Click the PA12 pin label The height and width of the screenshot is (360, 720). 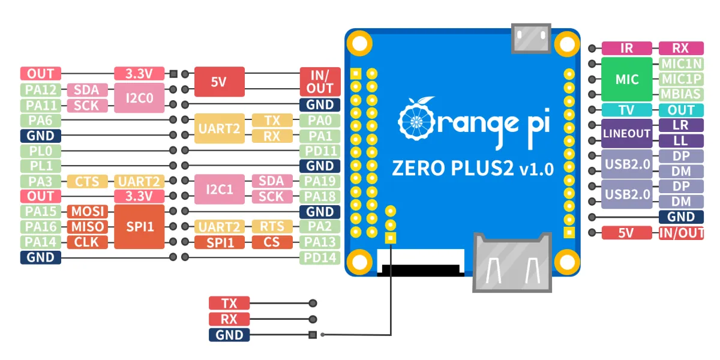click(x=40, y=90)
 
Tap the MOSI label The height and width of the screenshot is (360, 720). click(x=88, y=211)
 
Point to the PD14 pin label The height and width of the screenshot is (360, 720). click(x=320, y=257)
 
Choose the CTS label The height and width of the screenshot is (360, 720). click(x=88, y=181)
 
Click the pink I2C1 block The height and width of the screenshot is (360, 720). click(x=219, y=189)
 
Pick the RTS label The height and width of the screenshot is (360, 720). click(x=272, y=226)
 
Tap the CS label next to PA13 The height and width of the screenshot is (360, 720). click(x=272, y=242)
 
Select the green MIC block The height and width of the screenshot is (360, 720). click(x=626, y=79)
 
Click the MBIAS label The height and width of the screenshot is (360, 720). click(x=681, y=94)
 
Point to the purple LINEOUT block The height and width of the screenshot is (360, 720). click(x=626, y=133)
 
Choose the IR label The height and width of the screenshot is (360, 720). click(x=626, y=49)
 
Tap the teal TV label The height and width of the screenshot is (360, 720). click(x=626, y=110)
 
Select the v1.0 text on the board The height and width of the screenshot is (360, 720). click(x=536, y=170)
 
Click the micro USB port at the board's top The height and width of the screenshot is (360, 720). click(x=530, y=38)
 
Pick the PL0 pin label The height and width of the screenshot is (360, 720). click(x=40, y=151)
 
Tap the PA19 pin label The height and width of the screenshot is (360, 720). click(x=320, y=181)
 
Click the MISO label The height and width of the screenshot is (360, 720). click(x=88, y=226)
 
